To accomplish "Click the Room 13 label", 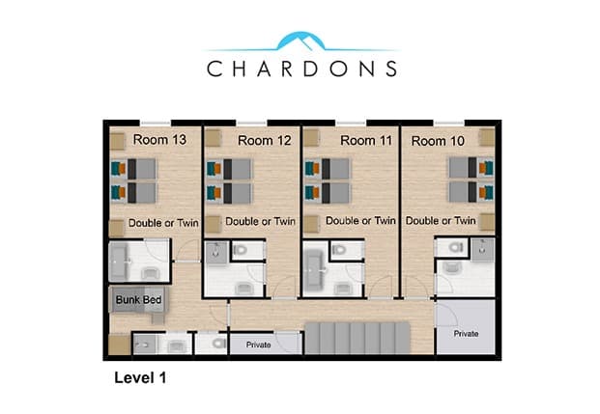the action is pyautogui.click(x=159, y=140).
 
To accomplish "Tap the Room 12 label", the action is pyautogui.click(x=265, y=140).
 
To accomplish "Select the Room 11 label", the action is pyautogui.click(x=366, y=140).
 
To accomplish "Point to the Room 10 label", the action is pyautogui.click(x=438, y=141).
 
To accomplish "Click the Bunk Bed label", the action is pyautogui.click(x=138, y=300).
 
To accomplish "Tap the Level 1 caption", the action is pyautogui.click(x=140, y=377).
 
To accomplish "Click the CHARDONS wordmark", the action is pyautogui.click(x=301, y=69).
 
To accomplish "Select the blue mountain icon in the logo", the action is pyautogui.click(x=301, y=41).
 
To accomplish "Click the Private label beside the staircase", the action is pyautogui.click(x=258, y=345).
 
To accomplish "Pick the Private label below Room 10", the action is pyautogui.click(x=466, y=334).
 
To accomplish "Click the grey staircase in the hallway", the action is pyautogui.click(x=357, y=338).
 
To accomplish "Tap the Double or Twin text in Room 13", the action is pyautogui.click(x=163, y=223).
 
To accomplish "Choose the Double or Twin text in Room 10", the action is pyautogui.click(x=441, y=221).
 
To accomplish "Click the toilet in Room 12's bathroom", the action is pyautogui.click(x=241, y=250).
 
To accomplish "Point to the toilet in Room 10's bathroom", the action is pyautogui.click(x=456, y=247).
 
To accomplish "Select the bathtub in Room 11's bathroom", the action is pyautogui.click(x=313, y=270).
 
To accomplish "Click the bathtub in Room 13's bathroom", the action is pyautogui.click(x=119, y=262).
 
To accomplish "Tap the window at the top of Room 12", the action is pyautogui.click(x=251, y=124).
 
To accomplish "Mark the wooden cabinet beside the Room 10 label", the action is pyautogui.click(x=487, y=138).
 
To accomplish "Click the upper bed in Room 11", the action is pyautogui.click(x=328, y=169).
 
